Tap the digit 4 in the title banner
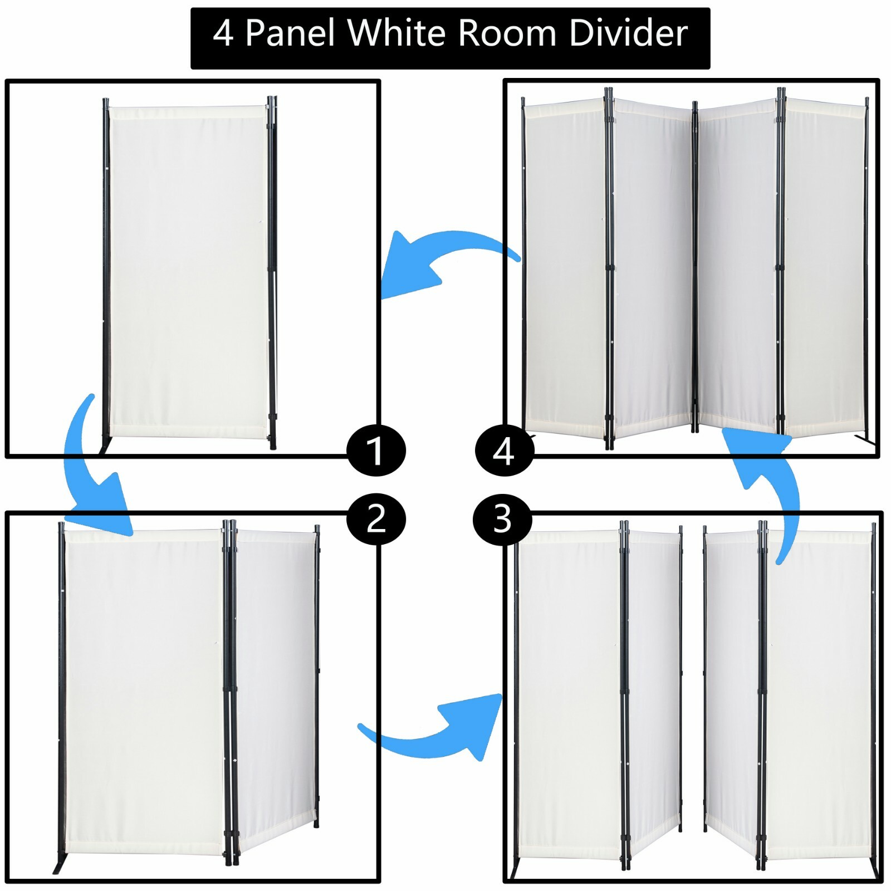click(223, 33)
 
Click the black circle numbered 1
click(376, 451)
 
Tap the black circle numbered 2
click(376, 519)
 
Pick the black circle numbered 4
click(504, 451)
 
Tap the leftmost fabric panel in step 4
click(564, 267)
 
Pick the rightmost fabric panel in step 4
click(824, 267)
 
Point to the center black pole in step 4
click(694, 267)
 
